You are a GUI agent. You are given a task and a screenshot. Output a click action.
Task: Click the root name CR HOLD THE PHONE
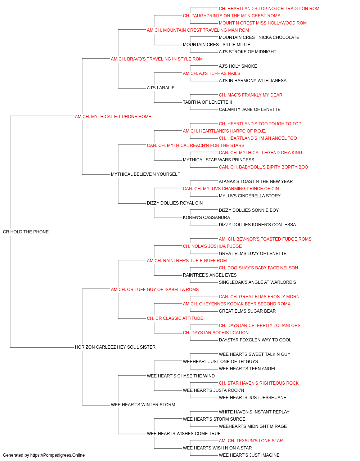26,232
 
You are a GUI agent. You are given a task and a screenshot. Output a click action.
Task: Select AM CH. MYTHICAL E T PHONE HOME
113,116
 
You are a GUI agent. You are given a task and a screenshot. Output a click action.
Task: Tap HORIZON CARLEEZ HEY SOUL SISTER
115,347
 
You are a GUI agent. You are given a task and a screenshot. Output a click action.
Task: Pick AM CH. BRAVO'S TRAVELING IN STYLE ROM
157,59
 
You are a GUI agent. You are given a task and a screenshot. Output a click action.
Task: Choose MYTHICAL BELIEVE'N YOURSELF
145,174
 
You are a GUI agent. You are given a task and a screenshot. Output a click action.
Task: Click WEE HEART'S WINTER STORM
143,404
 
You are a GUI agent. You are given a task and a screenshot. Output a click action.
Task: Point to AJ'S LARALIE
161,88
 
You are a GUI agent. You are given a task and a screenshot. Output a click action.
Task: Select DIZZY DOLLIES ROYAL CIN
175,203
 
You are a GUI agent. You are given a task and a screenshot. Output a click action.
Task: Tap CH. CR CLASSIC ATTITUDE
175,318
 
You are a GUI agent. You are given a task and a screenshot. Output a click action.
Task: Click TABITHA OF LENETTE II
207,102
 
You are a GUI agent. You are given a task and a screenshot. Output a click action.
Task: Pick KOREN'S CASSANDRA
206,217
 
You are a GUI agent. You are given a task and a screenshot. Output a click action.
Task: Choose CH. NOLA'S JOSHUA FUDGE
212,246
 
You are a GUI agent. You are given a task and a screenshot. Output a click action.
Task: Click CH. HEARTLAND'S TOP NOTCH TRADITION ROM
269,9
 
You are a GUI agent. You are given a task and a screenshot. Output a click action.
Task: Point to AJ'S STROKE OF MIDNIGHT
247,52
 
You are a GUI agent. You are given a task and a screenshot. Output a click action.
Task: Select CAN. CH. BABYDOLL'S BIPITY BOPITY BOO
263,167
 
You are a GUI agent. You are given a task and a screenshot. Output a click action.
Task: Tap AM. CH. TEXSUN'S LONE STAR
251,440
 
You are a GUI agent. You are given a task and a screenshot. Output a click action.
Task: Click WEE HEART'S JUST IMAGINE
249,455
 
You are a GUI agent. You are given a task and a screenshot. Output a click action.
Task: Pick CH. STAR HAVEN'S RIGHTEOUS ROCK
258,383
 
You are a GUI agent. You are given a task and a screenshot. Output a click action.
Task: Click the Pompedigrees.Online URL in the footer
57,455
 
